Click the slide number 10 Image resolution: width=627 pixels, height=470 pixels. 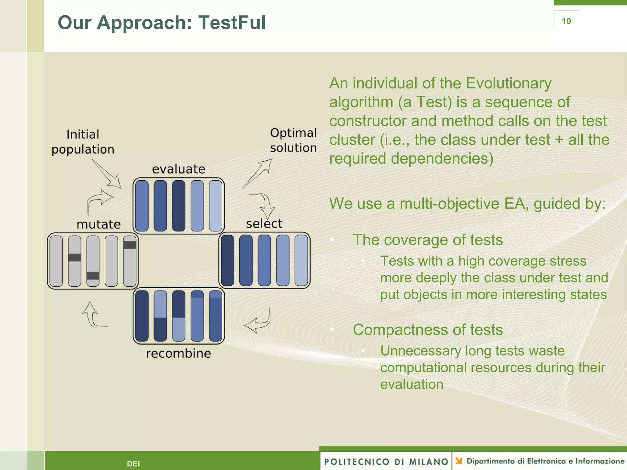click(x=566, y=21)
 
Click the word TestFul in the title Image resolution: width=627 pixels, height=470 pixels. click(x=232, y=23)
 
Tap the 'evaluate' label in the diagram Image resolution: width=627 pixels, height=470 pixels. click(x=178, y=169)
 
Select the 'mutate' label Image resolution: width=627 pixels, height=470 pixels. click(x=99, y=224)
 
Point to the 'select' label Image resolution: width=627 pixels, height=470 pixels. click(x=264, y=224)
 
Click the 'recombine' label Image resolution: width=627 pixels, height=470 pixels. click(x=178, y=353)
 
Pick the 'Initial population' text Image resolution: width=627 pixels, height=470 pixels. click(x=83, y=142)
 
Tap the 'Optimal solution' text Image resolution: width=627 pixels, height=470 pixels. click(x=293, y=140)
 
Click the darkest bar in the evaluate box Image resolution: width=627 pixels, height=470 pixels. click(x=178, y=206)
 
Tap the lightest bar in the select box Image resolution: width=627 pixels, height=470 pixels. click(x=301, y=260)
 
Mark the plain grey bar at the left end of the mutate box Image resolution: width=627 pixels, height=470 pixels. click(x=56, y=261)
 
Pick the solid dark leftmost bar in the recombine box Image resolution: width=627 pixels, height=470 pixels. click(x=142, y=316)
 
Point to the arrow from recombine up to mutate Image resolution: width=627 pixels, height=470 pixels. click(x=92, y=315)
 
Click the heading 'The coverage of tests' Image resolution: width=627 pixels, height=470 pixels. click(x=427, y=240)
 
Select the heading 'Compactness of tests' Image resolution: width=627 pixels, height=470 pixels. click(x=427, y=330)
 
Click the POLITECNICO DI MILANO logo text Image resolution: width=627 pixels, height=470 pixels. click(x=386, y=461)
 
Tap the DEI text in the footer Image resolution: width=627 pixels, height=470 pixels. click(x=133, y=464)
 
